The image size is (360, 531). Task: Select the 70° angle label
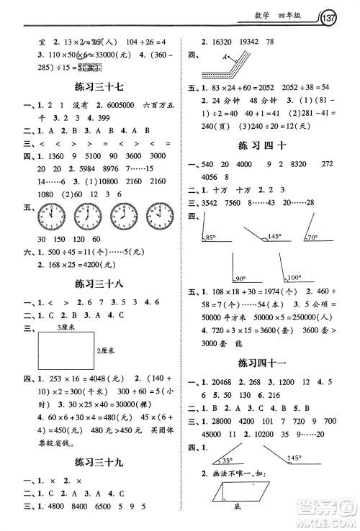point(313,237)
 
